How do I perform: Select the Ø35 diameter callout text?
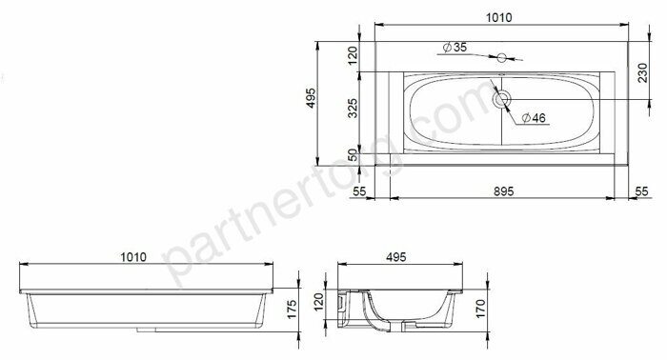coord(454,47)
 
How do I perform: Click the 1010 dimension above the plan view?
coord(499,17)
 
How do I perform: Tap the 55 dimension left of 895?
coord(359,190)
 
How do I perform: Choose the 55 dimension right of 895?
coord(641,190)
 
